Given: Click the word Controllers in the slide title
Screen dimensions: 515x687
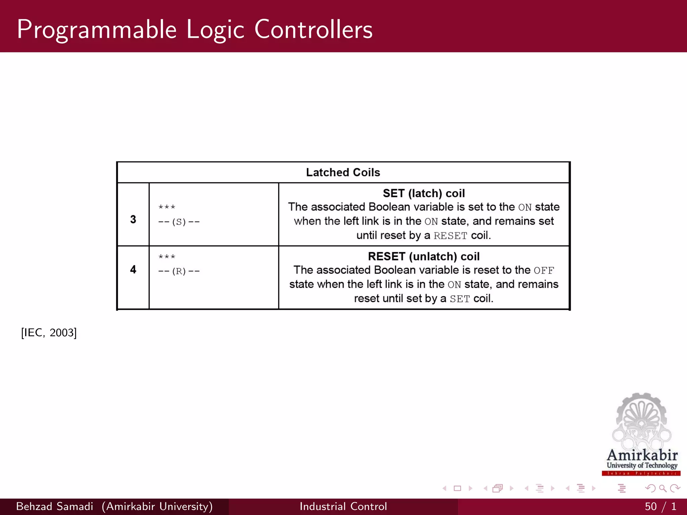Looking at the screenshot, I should point(313,30).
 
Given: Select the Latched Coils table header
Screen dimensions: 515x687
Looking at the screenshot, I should point(343,172).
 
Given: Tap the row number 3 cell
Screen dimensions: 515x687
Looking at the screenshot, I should point(133,219).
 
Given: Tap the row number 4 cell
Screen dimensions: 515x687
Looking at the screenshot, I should point(133,269).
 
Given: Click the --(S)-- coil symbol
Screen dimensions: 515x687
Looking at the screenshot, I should point(179,222).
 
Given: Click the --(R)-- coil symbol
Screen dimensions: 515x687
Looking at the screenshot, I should point(179,271).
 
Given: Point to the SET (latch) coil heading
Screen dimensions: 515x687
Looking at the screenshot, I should point(424,193).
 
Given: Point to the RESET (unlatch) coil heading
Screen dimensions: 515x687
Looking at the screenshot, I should point(424,256).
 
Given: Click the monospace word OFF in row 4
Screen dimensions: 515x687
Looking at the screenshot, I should point(544,271).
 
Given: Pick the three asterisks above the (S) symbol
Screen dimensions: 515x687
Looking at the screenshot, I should point(167,207).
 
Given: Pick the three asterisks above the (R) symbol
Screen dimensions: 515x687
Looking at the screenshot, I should point(167,257).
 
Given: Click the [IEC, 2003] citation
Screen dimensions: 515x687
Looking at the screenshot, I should point(49,333).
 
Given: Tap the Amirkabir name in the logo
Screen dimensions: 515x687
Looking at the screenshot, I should point(642,455).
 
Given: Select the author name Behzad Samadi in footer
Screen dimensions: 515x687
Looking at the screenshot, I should point(55,506).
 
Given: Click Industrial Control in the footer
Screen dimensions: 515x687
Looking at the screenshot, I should point(343,506).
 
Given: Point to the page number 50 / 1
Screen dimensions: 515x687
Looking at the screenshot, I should point(660,506).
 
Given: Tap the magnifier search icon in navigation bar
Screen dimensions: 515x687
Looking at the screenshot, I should point(663,489).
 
